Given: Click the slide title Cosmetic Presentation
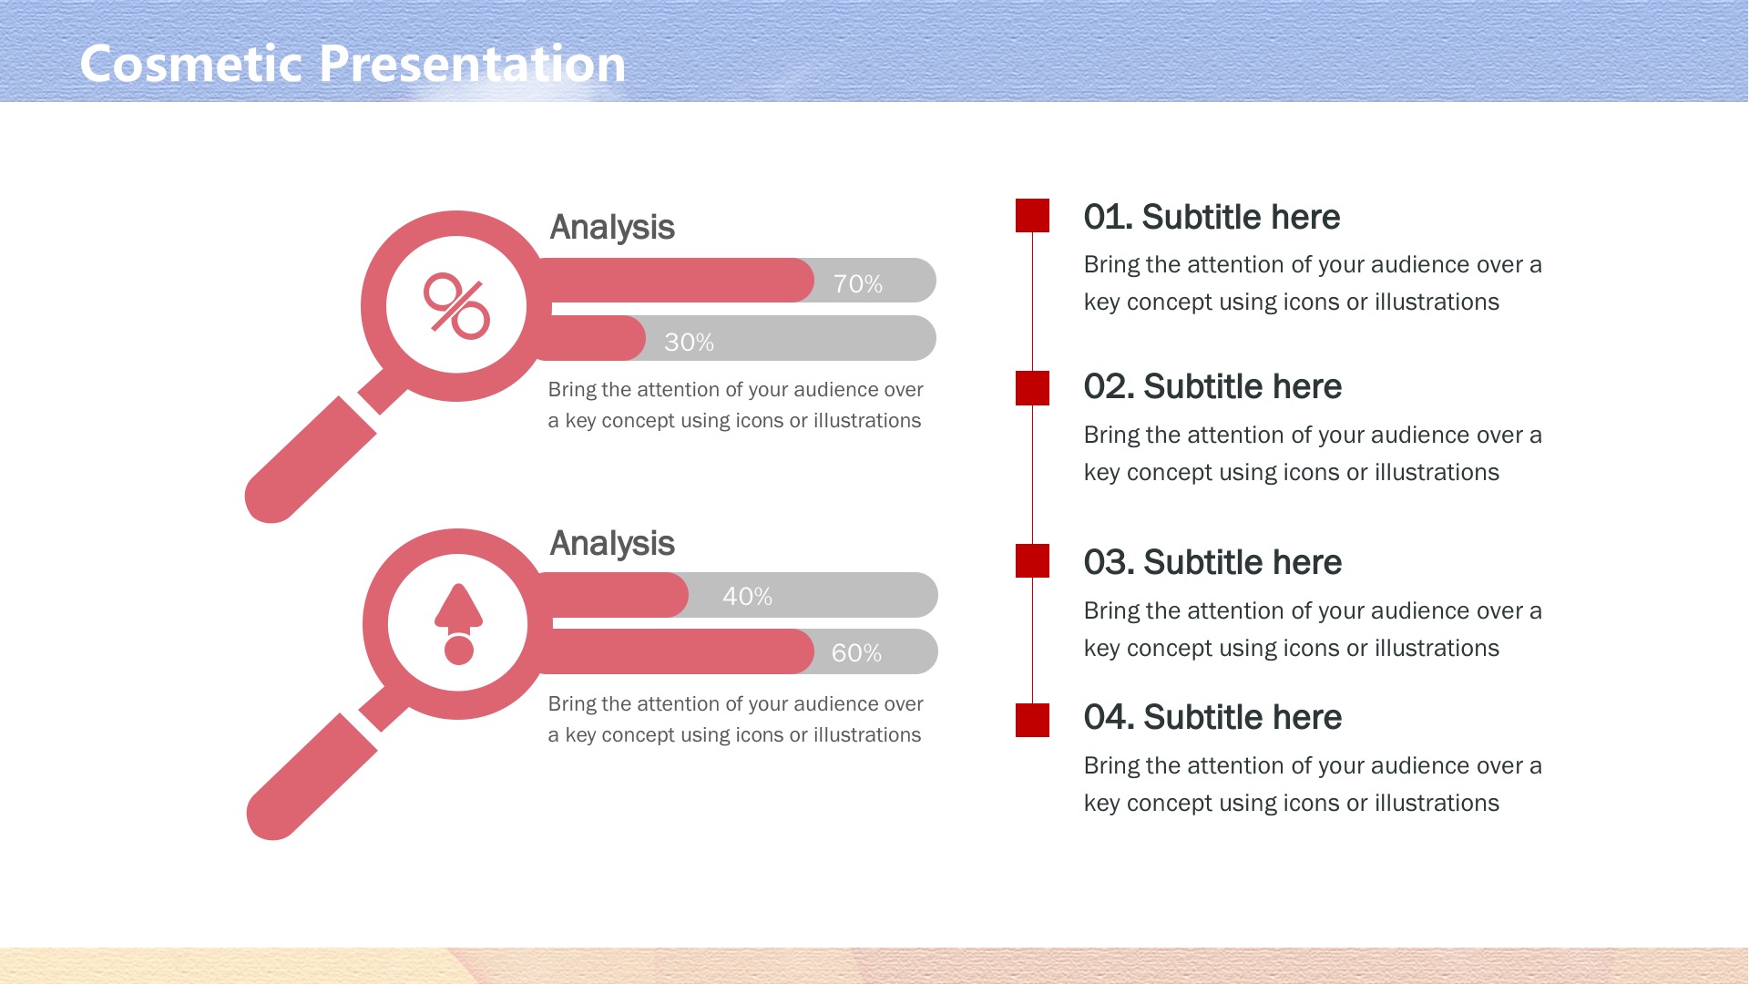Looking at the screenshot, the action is point(353,64).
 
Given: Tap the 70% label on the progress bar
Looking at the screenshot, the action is point(857,284).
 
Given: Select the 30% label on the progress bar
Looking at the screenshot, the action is point(689,343).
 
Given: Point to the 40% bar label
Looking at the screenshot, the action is point(747,597).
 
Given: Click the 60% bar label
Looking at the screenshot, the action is point(856,653).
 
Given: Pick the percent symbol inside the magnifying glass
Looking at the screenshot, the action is point(456,306).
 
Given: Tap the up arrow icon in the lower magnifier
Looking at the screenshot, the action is point(458,624).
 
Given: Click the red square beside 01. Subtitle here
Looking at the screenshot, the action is point(1032,216).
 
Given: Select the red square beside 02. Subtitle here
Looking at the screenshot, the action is point(1032,388).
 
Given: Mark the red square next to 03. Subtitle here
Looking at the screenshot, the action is point(1032,561).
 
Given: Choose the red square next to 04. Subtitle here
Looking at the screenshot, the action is point(1032,720).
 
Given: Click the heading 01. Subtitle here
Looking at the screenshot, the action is point(1212,217).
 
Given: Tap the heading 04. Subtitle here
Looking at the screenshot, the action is point(1212,717).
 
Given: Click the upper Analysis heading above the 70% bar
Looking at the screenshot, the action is point(612,228).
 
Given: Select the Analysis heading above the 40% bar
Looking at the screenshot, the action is point(612,544).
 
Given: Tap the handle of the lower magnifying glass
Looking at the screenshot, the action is point(312,777).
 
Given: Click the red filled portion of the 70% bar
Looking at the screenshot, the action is point(674,281).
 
